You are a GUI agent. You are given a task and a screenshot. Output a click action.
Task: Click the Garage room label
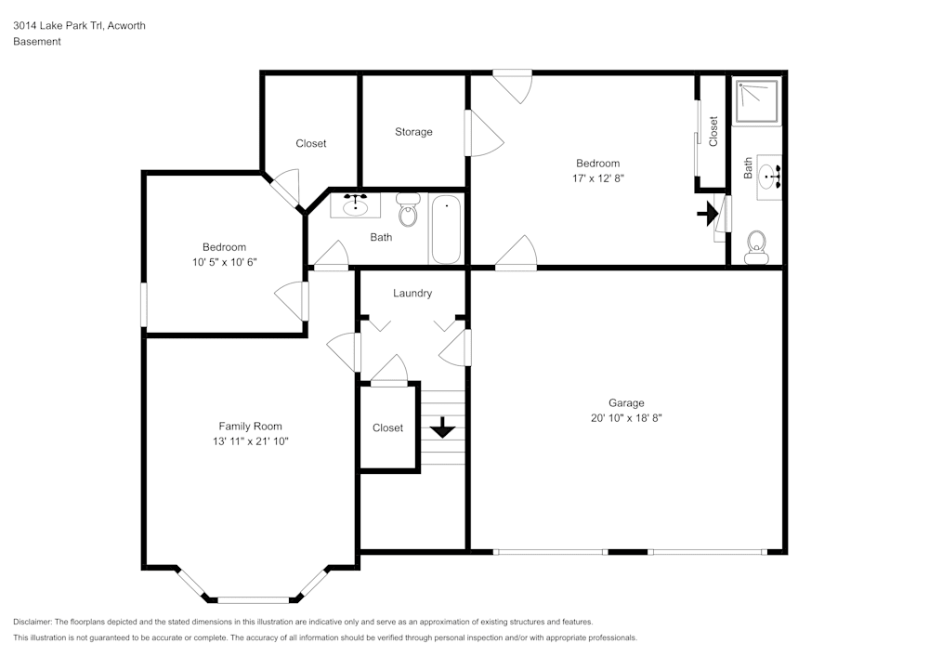(x=626, y=403)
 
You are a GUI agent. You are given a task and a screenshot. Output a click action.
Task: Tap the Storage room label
(x=413, y=132)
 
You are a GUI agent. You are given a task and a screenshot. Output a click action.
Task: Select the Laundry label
(x=412, y=294)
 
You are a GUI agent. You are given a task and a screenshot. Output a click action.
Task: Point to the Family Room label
(x=250, y=426)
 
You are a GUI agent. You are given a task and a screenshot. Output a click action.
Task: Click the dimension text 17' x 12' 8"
(x=597, y=177)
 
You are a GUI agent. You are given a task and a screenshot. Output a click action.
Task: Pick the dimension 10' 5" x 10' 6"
(x=224, y=262)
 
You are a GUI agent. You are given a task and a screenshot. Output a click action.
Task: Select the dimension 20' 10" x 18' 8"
(x=626, y=417)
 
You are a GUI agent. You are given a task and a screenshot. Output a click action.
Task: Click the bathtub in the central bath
(x=446, y=230)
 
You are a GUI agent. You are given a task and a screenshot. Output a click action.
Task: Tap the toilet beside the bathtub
(x=408, y=210)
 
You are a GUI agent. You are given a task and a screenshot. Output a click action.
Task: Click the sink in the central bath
(x=355, y=205)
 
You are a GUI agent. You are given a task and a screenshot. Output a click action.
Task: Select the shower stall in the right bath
(x=757, y=101)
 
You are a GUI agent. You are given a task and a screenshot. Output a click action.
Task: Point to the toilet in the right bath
(x=756, y=247)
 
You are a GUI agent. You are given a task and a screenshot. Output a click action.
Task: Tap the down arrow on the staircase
(x=442, y=427)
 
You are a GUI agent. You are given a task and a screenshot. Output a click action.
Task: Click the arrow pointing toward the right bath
(x=707, y=214)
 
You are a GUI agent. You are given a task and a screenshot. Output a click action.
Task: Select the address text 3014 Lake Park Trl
(x=58, y=25)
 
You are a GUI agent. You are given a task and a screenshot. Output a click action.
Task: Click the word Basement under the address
(x=37, y=42)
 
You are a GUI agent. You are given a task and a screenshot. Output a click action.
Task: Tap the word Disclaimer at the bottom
(x=33, y=622)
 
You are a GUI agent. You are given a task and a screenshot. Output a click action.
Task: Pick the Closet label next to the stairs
(x=387, y=427)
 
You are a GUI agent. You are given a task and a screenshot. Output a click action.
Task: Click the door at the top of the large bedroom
(x=513, y=86)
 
